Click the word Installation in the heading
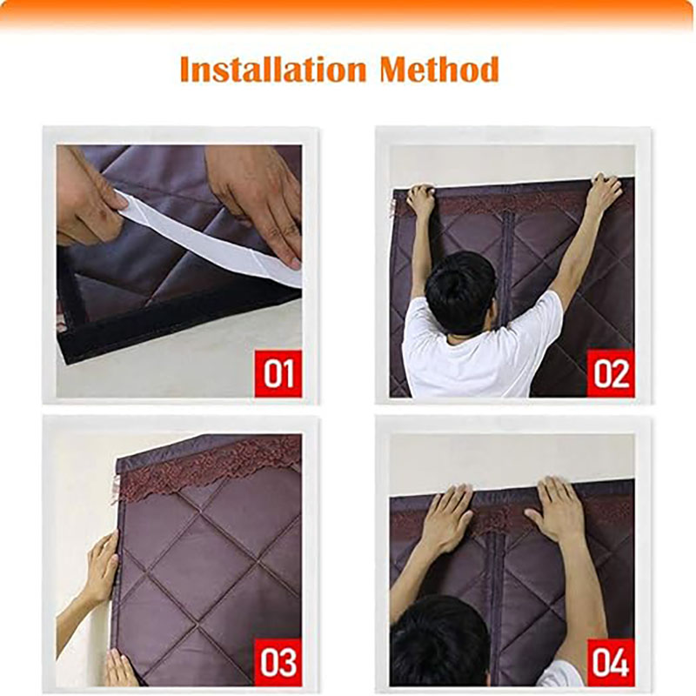(x=273, y=70)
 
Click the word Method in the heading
(x=439, y=70)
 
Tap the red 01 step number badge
(x=278, y=373)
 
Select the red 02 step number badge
(x=611, y=373)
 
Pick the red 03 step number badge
(x=278, y=662)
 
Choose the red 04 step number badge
(x=611, y=662)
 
